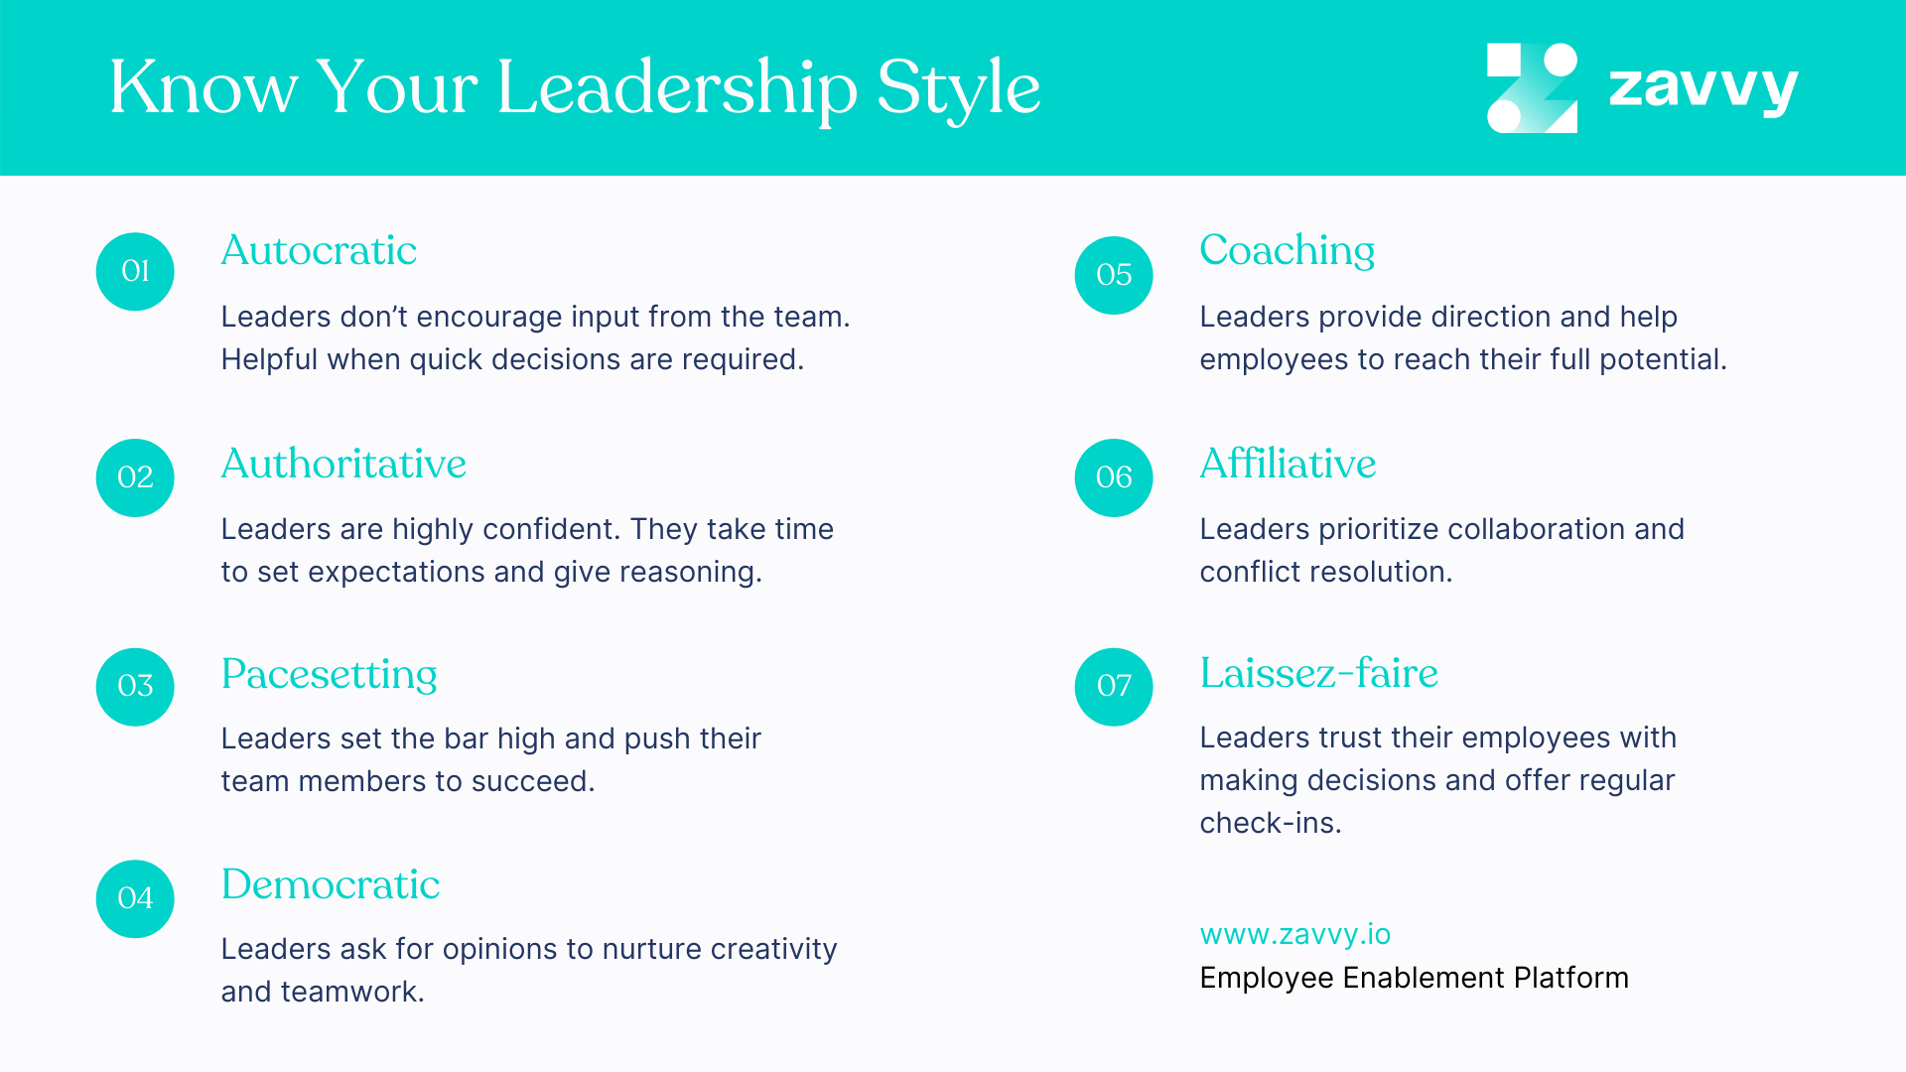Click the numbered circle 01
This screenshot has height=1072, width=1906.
click(x=135, y=271)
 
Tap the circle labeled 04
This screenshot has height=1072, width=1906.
click(x=135, y=898)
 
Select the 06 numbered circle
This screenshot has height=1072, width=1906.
click(x=1114, y=477)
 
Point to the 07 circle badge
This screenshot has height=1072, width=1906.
click(x=1114, y=686)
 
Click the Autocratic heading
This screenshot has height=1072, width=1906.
click(x=319, y=250)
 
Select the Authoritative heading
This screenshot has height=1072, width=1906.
click(x=343, y=464)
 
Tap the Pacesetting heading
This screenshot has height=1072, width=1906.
click(x=329, y=674)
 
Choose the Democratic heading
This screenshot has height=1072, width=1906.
click(x=331, y=884)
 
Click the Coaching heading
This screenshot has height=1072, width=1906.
click(x=1287, y=250)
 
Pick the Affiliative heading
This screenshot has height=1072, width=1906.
click(x=1288, y=464)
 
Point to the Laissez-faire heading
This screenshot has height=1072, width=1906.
click(x=1318, y=673)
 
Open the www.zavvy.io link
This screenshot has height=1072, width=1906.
click(x=1294, y=934)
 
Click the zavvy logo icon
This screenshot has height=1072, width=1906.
click(x=1532, y=87)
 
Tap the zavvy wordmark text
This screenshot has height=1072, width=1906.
click(x=1702, y=87)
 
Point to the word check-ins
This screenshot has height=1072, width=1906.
click(x=1270, y=823)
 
